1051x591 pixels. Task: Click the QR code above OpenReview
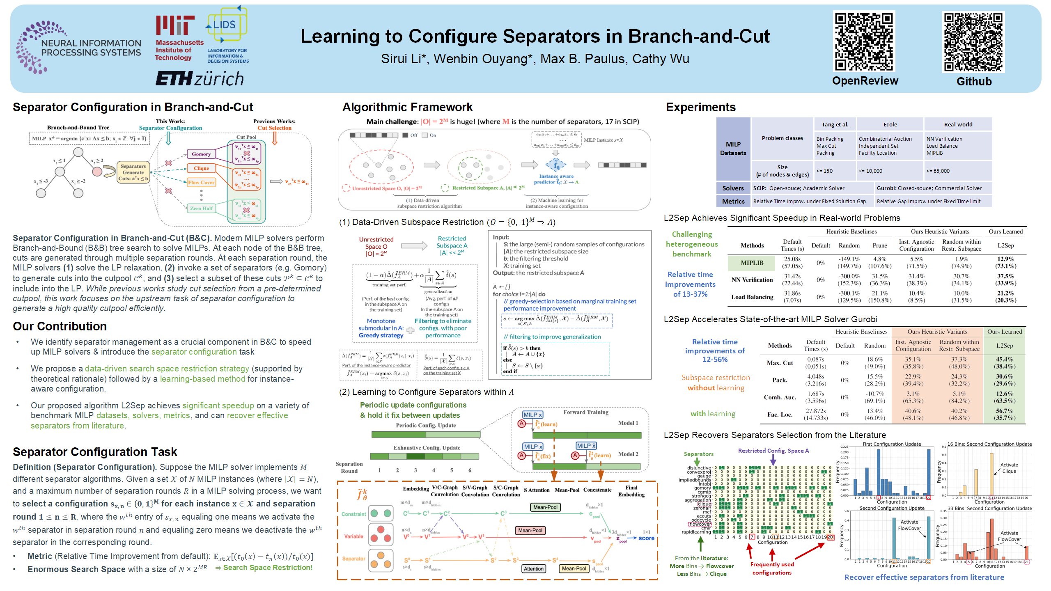click(x=864, y=41)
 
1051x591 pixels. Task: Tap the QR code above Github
click(x=973, y=42)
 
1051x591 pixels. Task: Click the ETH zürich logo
click(x=200, y=78)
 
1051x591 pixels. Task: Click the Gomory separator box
click(x=201, y=154)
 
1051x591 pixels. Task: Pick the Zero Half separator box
click(x=201, y=208)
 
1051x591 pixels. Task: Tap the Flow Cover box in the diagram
click(x=201, y=182)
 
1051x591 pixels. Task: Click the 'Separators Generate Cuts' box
click(x=133, y=172)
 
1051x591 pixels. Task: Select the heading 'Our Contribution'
click(x=60, y=326)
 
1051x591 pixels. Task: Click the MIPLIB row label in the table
click(x=752, y=263)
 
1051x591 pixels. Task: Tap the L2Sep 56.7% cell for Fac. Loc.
click(x=1004, y=414)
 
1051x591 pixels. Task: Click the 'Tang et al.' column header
click(x=835, y=124)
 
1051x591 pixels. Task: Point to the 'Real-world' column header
click(x=958, y=124)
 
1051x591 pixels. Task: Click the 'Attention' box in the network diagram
click(x=533, y=568)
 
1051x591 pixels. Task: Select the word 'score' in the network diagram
click(x=646, y=538)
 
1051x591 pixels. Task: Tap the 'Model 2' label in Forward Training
click(x=628, y=454)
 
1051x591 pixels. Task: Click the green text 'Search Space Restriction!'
click(x=268, y=568)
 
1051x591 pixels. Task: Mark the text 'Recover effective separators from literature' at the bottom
click(x=924, y=577)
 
